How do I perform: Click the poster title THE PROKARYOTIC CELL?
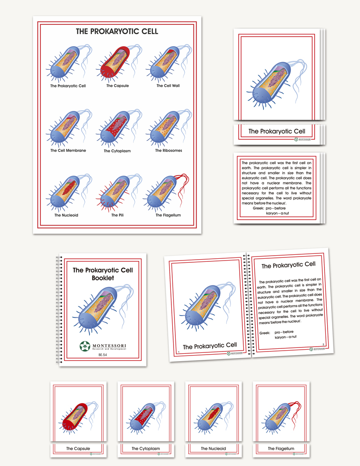point(117,32)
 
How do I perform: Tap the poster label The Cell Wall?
point(168,86)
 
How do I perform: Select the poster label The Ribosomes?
point(168,150)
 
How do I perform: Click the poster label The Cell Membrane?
point(68,150)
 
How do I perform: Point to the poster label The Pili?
point(118,215)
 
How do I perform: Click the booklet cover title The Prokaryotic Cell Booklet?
point(103,274)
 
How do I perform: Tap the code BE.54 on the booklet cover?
point(103,355)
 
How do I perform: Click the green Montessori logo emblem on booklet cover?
point(85,346)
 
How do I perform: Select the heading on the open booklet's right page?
point(288,265)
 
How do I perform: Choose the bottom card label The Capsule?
point(78,449)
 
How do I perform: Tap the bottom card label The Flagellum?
point(281,449)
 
